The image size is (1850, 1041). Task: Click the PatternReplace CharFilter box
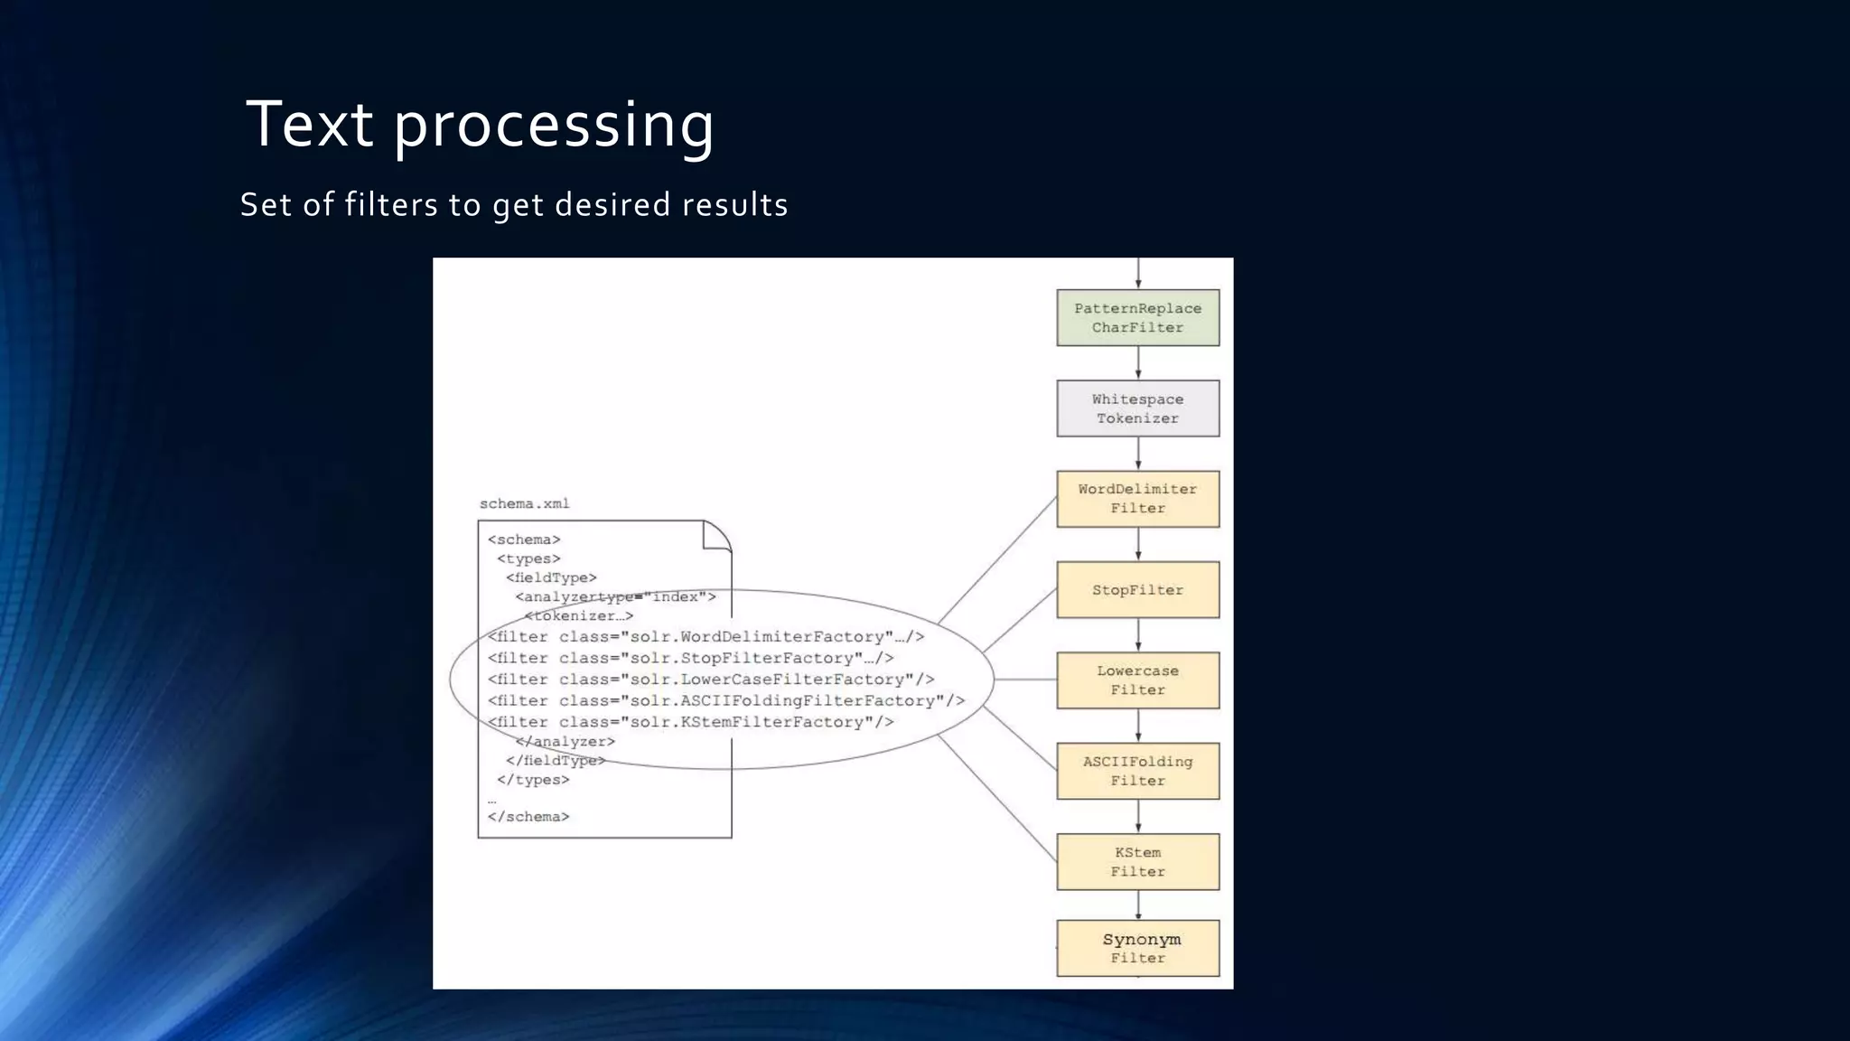pyautogui.click(x=1137, y=318)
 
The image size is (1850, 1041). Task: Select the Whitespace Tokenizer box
pyautogui.click(x=1137, y=408)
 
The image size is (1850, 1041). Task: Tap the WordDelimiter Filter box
pyautogui.click(x=1137, y=499)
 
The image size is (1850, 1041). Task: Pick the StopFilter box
pyautogui.click(x=1137, y=590)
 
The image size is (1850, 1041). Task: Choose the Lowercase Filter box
pyautogui.click(x=1137, y=680)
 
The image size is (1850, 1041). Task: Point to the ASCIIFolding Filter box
pyautogui.click(x=1137, y=771)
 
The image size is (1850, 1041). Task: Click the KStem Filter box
pyautogui.click(x=1137, y=861)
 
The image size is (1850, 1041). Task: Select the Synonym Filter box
pyautogui.click(x=1137, y=948)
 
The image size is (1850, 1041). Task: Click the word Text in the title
pyautogui.click(x=309, y=124)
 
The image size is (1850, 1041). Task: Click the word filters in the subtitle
pyautogui.click(x=391, y=204)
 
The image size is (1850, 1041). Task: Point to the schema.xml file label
pyautogui.click(x=524, y=503)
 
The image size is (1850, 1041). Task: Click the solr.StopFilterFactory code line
pyautogui.click(x=690, y=658)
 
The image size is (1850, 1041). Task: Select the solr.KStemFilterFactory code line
pyautogui.click(x=690, y=722)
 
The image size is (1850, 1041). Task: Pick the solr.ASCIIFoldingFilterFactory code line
pyautogui.click(x=725, y=700)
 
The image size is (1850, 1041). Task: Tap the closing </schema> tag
pyautogui.click(x=528, y=817)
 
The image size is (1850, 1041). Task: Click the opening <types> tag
pyautogui.click(x=528, y=558)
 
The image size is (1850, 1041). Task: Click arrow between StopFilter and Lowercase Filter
pyautogui.click(x=1138, y=635)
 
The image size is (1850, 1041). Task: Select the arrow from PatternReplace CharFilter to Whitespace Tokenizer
pyautogui.click(x=1138, y=363)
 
